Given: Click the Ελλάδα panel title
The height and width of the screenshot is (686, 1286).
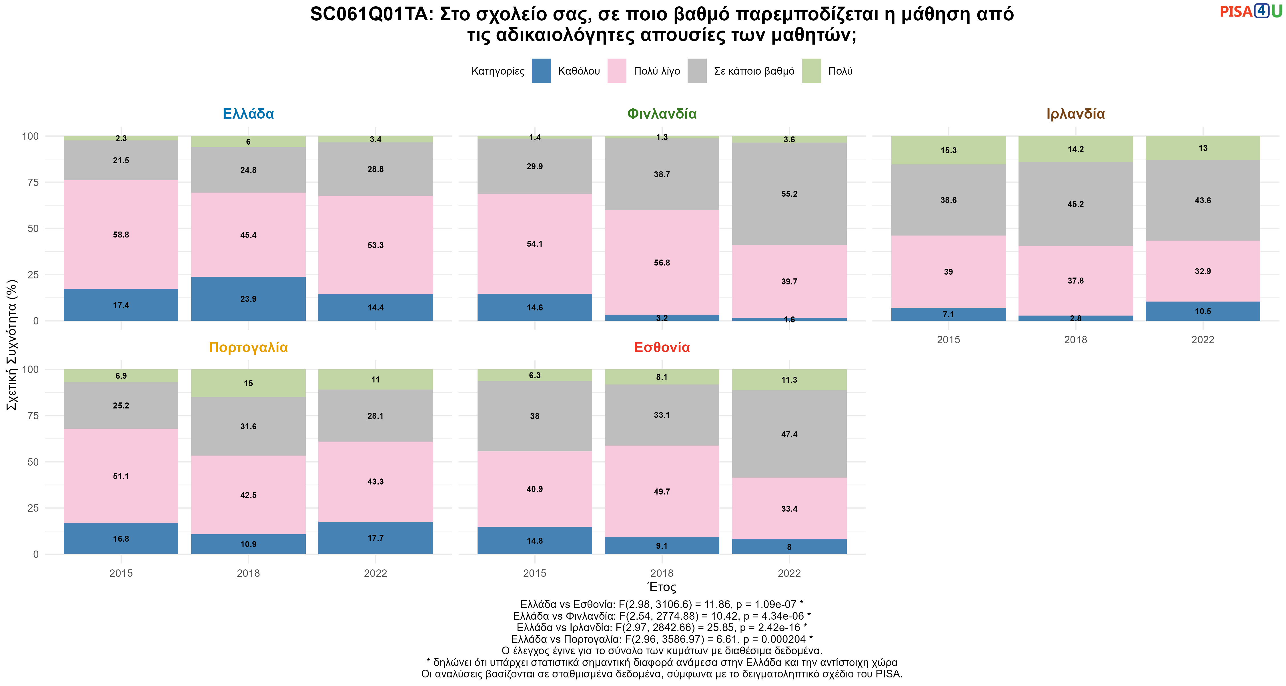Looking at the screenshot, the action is coord(248,114).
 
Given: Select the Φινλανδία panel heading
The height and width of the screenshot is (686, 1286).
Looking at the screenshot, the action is coord(662,114).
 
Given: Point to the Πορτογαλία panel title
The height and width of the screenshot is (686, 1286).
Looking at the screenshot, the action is coord(248,348).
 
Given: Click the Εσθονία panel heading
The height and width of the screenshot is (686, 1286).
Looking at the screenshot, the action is coord(662,348).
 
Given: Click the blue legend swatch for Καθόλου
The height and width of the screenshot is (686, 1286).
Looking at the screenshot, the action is coord(541,71).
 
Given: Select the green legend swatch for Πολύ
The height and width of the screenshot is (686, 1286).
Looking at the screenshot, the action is coord(811,71).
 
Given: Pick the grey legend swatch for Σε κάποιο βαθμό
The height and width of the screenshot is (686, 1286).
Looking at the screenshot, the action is coord(697,71).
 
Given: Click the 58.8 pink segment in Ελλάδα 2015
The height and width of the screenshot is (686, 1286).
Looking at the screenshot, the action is coord(121,234).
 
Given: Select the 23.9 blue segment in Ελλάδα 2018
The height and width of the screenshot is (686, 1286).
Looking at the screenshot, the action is coord(248,299).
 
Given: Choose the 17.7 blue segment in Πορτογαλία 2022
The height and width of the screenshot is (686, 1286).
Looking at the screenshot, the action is coord(376,538).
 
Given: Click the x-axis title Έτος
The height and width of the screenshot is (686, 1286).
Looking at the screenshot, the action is coord(662,587).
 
